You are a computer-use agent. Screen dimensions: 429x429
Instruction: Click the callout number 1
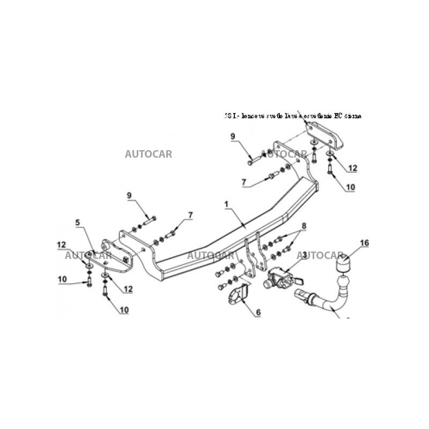(x=226, y=204)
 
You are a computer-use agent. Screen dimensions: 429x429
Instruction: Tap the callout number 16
(x=364, y=243)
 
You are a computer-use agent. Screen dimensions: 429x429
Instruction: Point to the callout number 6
(x=258, y=312)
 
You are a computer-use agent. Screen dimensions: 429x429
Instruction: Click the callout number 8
(x=304, y=226)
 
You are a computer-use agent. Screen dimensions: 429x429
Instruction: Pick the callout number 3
(x=305, y=255)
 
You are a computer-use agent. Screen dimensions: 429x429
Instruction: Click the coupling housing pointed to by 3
(x=277, y=278)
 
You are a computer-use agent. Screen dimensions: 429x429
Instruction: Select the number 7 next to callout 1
(x=189, y=215)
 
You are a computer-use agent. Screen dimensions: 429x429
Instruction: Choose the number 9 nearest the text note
(x=233, y=137)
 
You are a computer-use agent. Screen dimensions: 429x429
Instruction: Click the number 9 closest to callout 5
(x=129, y=195)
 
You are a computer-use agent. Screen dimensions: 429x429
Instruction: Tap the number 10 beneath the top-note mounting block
(x=350, y=187)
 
